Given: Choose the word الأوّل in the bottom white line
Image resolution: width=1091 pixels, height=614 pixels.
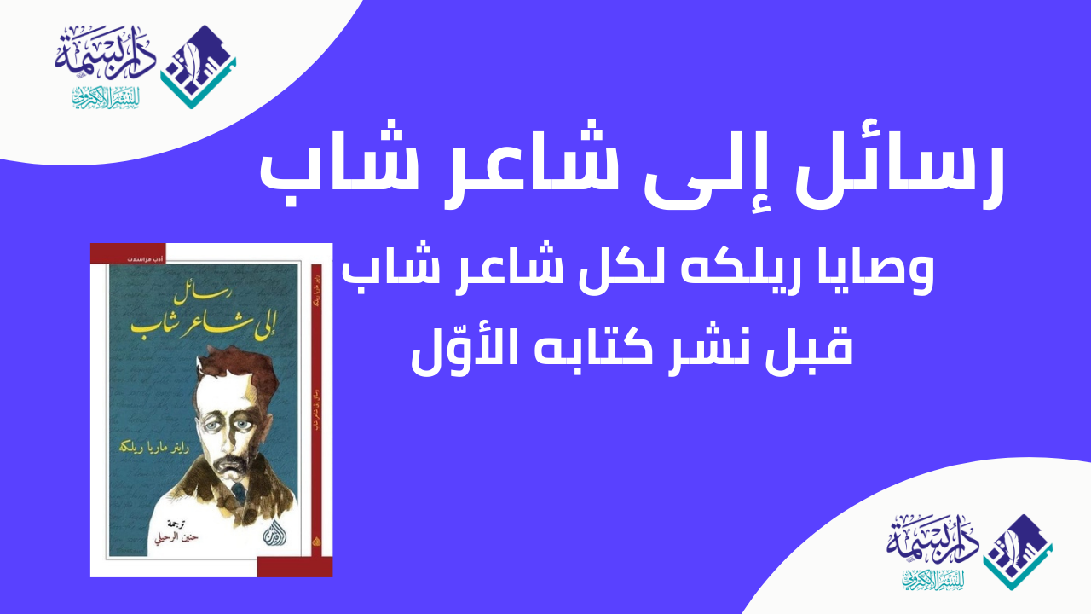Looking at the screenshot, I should pos(464,348).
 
